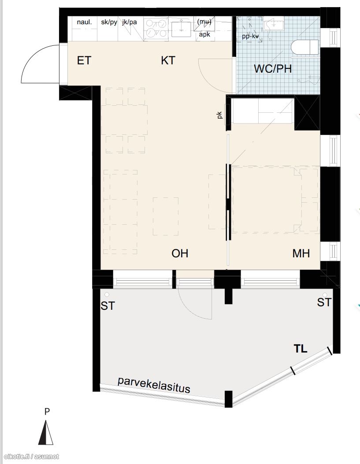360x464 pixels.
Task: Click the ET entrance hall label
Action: click(x=84, y=60)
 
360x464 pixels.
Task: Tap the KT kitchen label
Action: click(x=168, y=60)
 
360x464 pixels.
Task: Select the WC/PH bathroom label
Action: click(x=273, y=69)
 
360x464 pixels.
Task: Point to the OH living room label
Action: click(x=180, y=253)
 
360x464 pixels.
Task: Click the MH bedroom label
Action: click(x=301, y=253)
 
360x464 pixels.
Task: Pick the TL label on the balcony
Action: click(x=300, y=349)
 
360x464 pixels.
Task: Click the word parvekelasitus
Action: click(x=154, y=385)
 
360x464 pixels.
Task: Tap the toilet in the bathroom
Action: click(x=304, y=47)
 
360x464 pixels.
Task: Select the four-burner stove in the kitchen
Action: click(x=156, y=28)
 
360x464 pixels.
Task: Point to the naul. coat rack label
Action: click(x=84, y=22)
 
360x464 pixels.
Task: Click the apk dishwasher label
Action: click(x=204, y=35)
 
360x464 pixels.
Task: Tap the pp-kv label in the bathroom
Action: click(x=250, y=37)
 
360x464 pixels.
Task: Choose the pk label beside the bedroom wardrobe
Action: click(x=219, y=115)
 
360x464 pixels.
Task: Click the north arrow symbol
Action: click(x=46, y=433)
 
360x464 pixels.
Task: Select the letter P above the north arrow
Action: click(x=47, y=412)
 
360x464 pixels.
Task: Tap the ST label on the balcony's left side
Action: click(x=108, y=306)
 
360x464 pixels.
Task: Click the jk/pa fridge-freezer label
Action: click(x=130, y=22)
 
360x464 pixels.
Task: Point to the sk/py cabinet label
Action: click(x=109, y=22)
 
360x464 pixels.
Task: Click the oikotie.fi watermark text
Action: click(x=30, y=457)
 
